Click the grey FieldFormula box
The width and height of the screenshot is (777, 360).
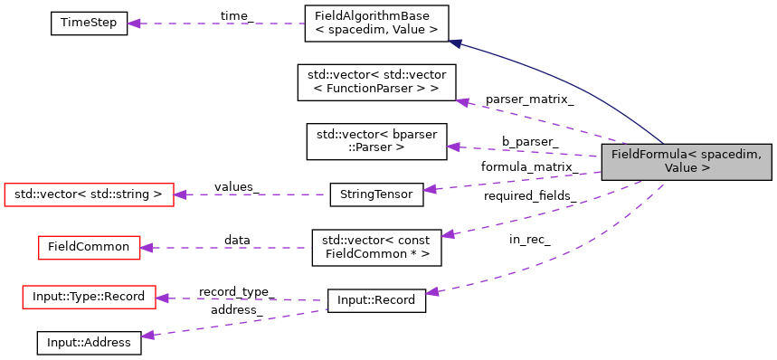(687, 162)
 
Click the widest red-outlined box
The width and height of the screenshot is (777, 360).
(89, 194)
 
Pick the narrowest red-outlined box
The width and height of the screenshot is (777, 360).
(89, 248)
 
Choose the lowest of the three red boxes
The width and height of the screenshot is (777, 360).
(89, 297)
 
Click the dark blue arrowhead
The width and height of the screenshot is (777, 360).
(455, 43)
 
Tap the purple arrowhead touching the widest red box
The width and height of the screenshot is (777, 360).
(180, 194)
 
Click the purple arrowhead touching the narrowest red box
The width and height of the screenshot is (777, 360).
(146, 248)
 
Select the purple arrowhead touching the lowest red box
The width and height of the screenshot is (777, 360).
(162, 298)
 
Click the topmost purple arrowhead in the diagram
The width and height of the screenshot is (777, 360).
(134, 24)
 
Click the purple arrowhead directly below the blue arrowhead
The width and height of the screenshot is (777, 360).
(462, 102)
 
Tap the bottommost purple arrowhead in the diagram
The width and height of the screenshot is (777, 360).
(147, 336)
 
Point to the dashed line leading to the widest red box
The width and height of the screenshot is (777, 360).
(253, 194)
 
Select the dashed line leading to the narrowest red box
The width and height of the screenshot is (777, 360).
(226, 248)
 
